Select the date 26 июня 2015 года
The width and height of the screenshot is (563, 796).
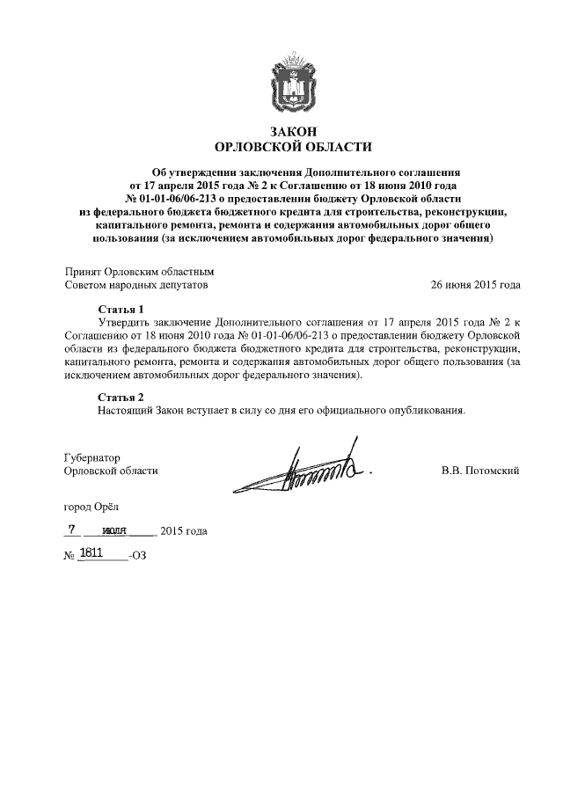(x=475, y=285)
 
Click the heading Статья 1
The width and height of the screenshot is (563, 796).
(x=119, y=310)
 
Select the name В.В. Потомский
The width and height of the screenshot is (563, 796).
(x=480, y=471)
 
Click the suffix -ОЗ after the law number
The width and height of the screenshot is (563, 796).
(x=138, y=556)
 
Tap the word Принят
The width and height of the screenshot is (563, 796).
(x=83, y=272)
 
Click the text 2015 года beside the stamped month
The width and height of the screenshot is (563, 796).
(x=184, y=531)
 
